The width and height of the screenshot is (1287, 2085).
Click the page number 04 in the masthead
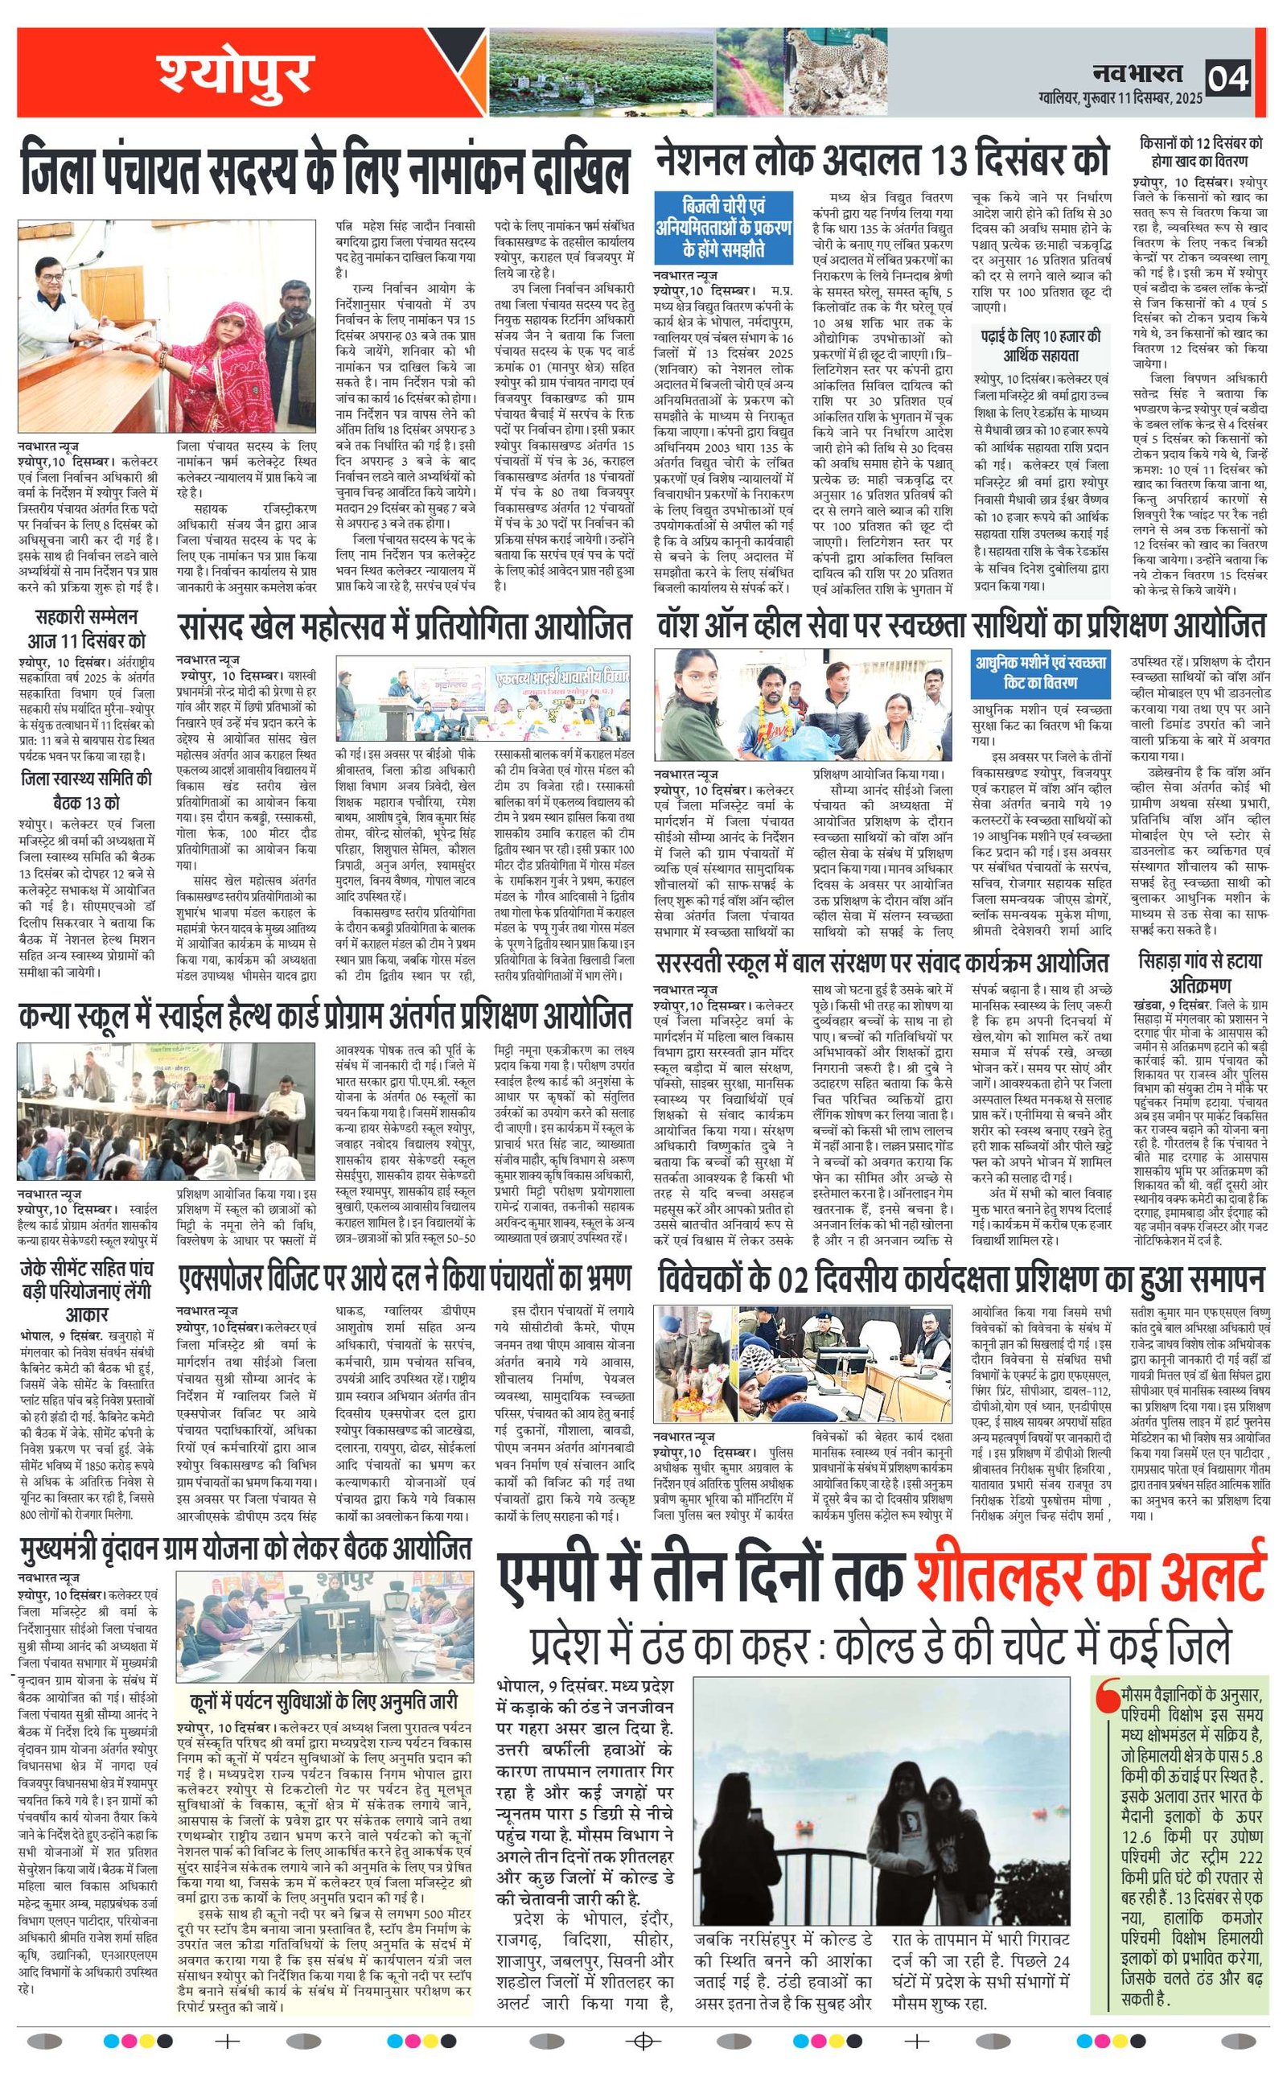coord(1228,78)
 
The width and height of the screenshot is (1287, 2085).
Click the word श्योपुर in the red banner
coord(234,75)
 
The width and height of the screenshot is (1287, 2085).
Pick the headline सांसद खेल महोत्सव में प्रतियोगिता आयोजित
coord(405,627)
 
